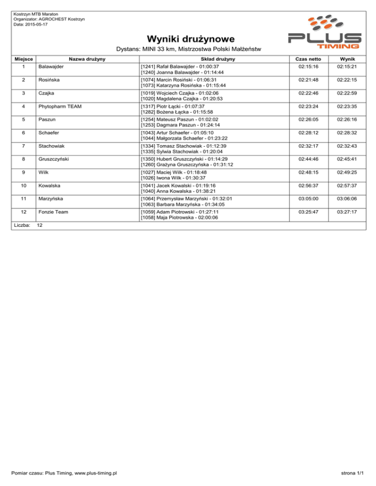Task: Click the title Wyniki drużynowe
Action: (188, 38)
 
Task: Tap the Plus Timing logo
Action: (325, 33)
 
